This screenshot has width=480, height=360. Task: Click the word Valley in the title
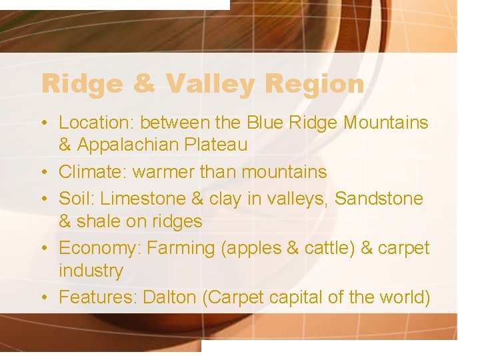211,85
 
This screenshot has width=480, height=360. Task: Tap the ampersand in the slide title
145,85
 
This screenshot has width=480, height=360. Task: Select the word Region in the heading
314,85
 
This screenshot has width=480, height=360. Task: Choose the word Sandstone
379,199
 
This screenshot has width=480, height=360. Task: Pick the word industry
91,271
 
